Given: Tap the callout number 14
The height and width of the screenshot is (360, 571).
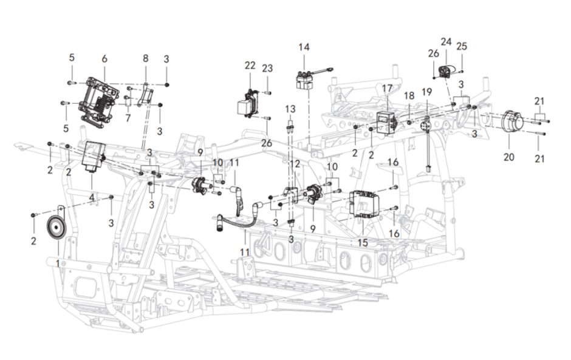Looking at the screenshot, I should pyautogui.click(x=304, y=47).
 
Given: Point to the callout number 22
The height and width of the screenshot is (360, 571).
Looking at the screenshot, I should pyautogui.click(x=250, y=66).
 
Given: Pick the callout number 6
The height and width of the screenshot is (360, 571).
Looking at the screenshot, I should pyautogui.click(x=104, y=58).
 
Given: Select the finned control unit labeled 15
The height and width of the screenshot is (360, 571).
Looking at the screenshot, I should pyautogui.click(x=366, y=205).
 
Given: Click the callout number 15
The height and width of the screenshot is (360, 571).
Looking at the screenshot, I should pyautogui.click(x=362, y=242).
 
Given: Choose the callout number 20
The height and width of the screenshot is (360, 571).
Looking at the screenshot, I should pyautogui.click(x=508, y=157).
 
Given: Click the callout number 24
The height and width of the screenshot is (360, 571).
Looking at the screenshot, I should pyautogui.click(x=446, y=42).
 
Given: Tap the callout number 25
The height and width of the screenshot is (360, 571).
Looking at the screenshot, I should pyautogui.click(x=462, y=46).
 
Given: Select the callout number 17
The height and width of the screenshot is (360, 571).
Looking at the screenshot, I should pyautogui.click(x=387, y=89).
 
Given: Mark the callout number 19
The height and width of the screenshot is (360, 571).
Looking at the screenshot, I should pyautogui.click(x=427, y=92).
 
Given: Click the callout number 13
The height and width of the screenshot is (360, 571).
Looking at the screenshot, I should pyautogui.click(x=290, y=108).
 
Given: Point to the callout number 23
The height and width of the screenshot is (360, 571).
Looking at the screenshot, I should pyautogui.click(x=268, y=68).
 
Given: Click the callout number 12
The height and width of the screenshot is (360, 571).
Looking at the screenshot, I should pyautogui.click(x=295, y=164).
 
